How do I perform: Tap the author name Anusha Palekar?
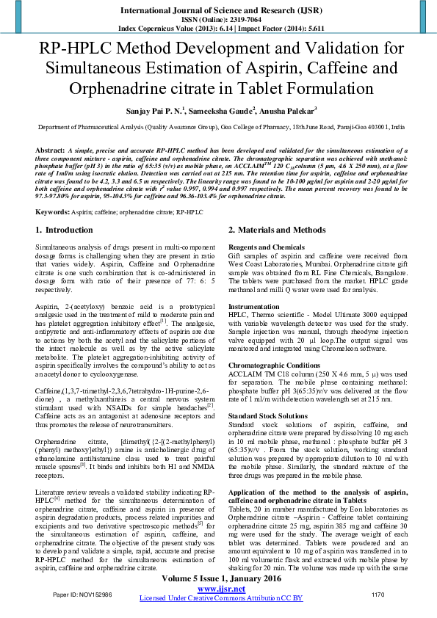tap(288, 111)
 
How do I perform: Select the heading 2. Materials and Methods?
tap(276, 230)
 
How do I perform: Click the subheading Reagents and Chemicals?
tap(266, 247)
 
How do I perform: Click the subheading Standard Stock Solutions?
tap(268, 415)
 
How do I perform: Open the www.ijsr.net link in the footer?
tap(221, 589)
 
